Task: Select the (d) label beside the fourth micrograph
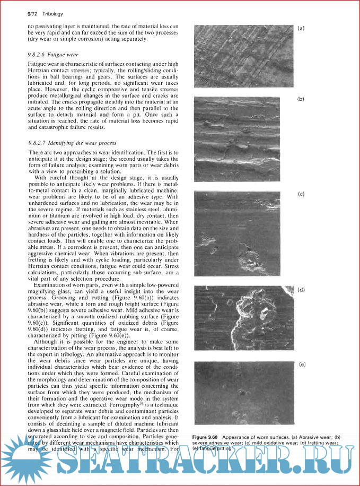(x=301, y=290)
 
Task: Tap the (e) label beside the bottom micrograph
(x=302, y=364)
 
